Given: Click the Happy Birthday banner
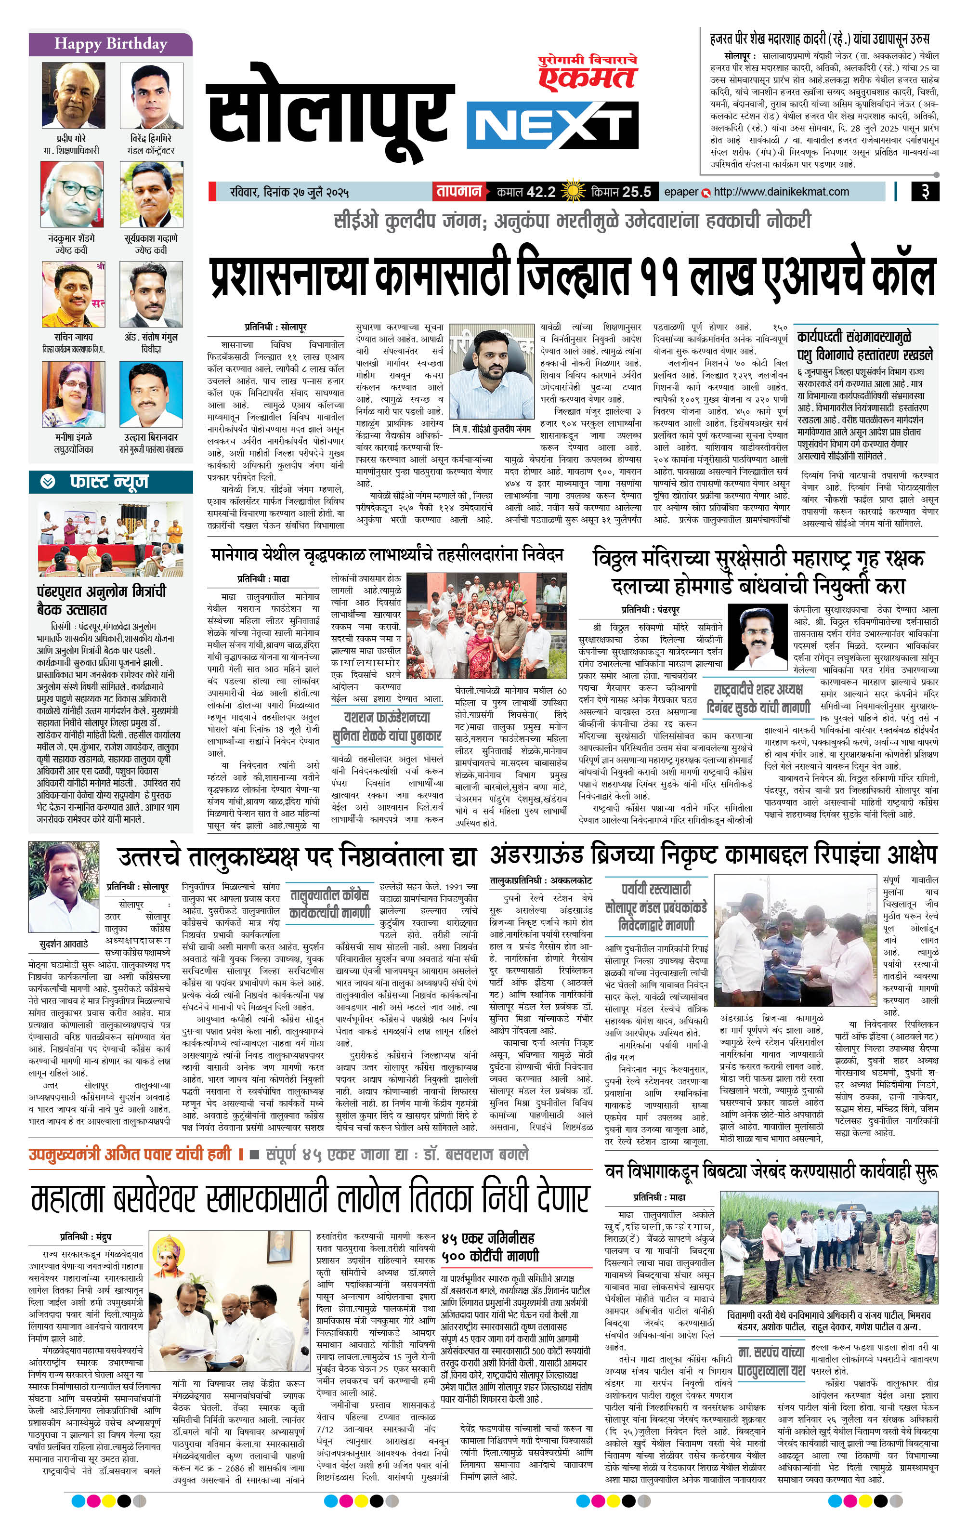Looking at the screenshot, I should coord(110,44).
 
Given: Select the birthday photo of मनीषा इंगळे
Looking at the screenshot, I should coord(73,395).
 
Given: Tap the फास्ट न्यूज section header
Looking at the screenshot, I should coord(108,482).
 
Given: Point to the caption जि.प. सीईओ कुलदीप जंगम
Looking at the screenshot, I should coord(491,429).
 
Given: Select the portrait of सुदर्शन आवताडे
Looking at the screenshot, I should coord(64,887).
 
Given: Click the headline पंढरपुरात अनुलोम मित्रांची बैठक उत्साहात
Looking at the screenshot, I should coord(101,600).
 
